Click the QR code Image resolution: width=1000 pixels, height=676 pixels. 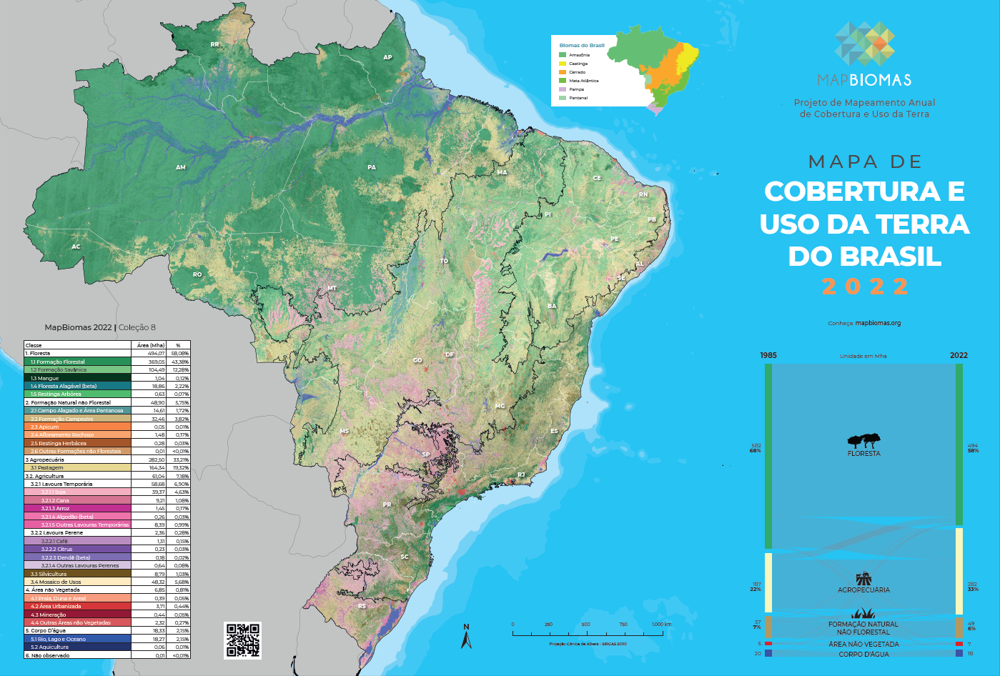tap(243, 640)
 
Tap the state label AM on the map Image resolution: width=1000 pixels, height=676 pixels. tap(181, 167)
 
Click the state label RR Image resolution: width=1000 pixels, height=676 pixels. tap(214, 44)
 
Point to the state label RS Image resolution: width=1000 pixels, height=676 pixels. tap(362, 606)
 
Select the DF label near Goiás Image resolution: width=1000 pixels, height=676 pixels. tap(450, 354)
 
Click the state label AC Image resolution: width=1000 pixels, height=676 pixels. tap(76, 247)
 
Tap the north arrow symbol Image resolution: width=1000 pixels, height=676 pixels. tap(466, 637)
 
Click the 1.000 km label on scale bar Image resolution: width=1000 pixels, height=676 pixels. tap(661, 625)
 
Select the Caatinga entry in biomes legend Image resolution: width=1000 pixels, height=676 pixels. tap(578, 64)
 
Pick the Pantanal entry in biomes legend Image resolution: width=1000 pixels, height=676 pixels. tap(578, 98)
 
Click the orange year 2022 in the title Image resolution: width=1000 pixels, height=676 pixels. tap(865, 287)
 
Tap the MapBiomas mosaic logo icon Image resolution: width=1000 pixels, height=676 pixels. tap(864, 43)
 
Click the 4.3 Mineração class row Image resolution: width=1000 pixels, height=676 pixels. tap(49, 615)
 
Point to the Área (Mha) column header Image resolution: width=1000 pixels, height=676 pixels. tap(150, 345)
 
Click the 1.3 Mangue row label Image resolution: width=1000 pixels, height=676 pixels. tap(44, 378)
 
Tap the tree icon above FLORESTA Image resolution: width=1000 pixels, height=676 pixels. tap(863, 440)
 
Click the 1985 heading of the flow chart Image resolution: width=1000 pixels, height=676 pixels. tap(768, 355)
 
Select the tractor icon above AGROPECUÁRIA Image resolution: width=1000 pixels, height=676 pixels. tap(863, 578)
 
